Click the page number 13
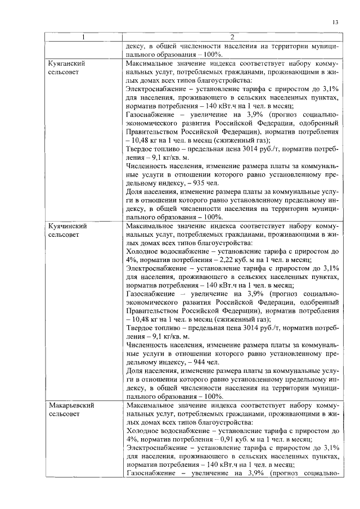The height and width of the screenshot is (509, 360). coord(336,22)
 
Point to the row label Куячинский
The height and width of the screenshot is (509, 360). coord(69,226)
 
